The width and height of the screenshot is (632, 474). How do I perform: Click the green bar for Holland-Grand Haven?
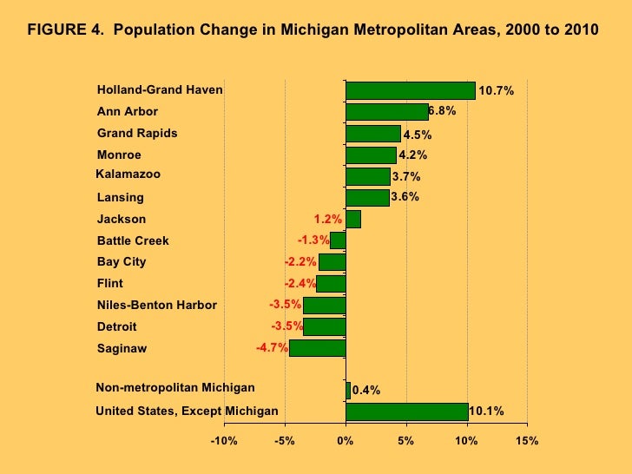point(410,90)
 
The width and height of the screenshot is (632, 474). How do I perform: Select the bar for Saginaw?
point(317,348)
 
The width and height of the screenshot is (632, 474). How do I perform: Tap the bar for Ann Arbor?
point(386,112)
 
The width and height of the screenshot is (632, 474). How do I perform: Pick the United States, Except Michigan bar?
point(406,411)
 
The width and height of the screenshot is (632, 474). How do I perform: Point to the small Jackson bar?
point(352,220)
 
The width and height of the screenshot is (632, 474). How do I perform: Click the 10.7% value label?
point(497,90)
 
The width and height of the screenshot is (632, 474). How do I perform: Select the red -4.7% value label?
point(271,348)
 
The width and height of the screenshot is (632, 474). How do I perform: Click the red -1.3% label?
point(313,240)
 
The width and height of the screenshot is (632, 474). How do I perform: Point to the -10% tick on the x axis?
point(224,441)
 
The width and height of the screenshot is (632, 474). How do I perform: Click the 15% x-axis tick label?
point(526,441)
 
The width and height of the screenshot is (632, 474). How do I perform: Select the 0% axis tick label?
point(346,441)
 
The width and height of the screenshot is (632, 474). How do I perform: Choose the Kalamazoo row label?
point(128,174)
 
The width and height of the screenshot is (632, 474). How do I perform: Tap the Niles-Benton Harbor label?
point(156,305)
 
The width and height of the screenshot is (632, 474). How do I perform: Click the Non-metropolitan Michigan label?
point(174,387)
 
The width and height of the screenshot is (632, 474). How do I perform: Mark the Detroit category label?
point(116,326)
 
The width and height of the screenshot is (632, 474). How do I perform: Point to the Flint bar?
point(331,284)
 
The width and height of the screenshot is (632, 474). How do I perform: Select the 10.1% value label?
point(486,411)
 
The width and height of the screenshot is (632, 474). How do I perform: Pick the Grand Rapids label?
point(137,133)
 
